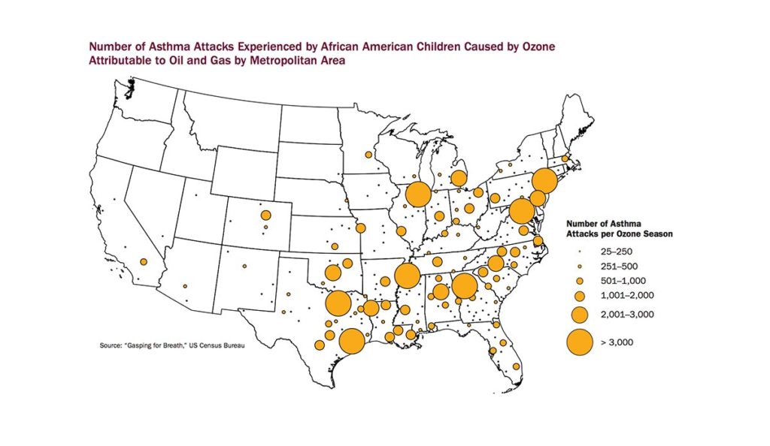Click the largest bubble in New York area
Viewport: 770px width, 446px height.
click(544, 182)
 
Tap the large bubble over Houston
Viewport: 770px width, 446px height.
click(352, 341)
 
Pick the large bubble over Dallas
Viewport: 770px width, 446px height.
click(338, 304)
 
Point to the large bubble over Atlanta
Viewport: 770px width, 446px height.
click(464, 286)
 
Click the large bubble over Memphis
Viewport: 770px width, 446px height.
click(407, 276)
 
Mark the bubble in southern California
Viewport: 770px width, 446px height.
click(143, 262)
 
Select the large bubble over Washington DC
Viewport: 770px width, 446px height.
click(520, 212)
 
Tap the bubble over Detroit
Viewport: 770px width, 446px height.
click(457, 179)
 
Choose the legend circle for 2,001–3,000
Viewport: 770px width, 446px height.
click(579, 314)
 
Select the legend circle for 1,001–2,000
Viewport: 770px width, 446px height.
click(579, 294)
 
